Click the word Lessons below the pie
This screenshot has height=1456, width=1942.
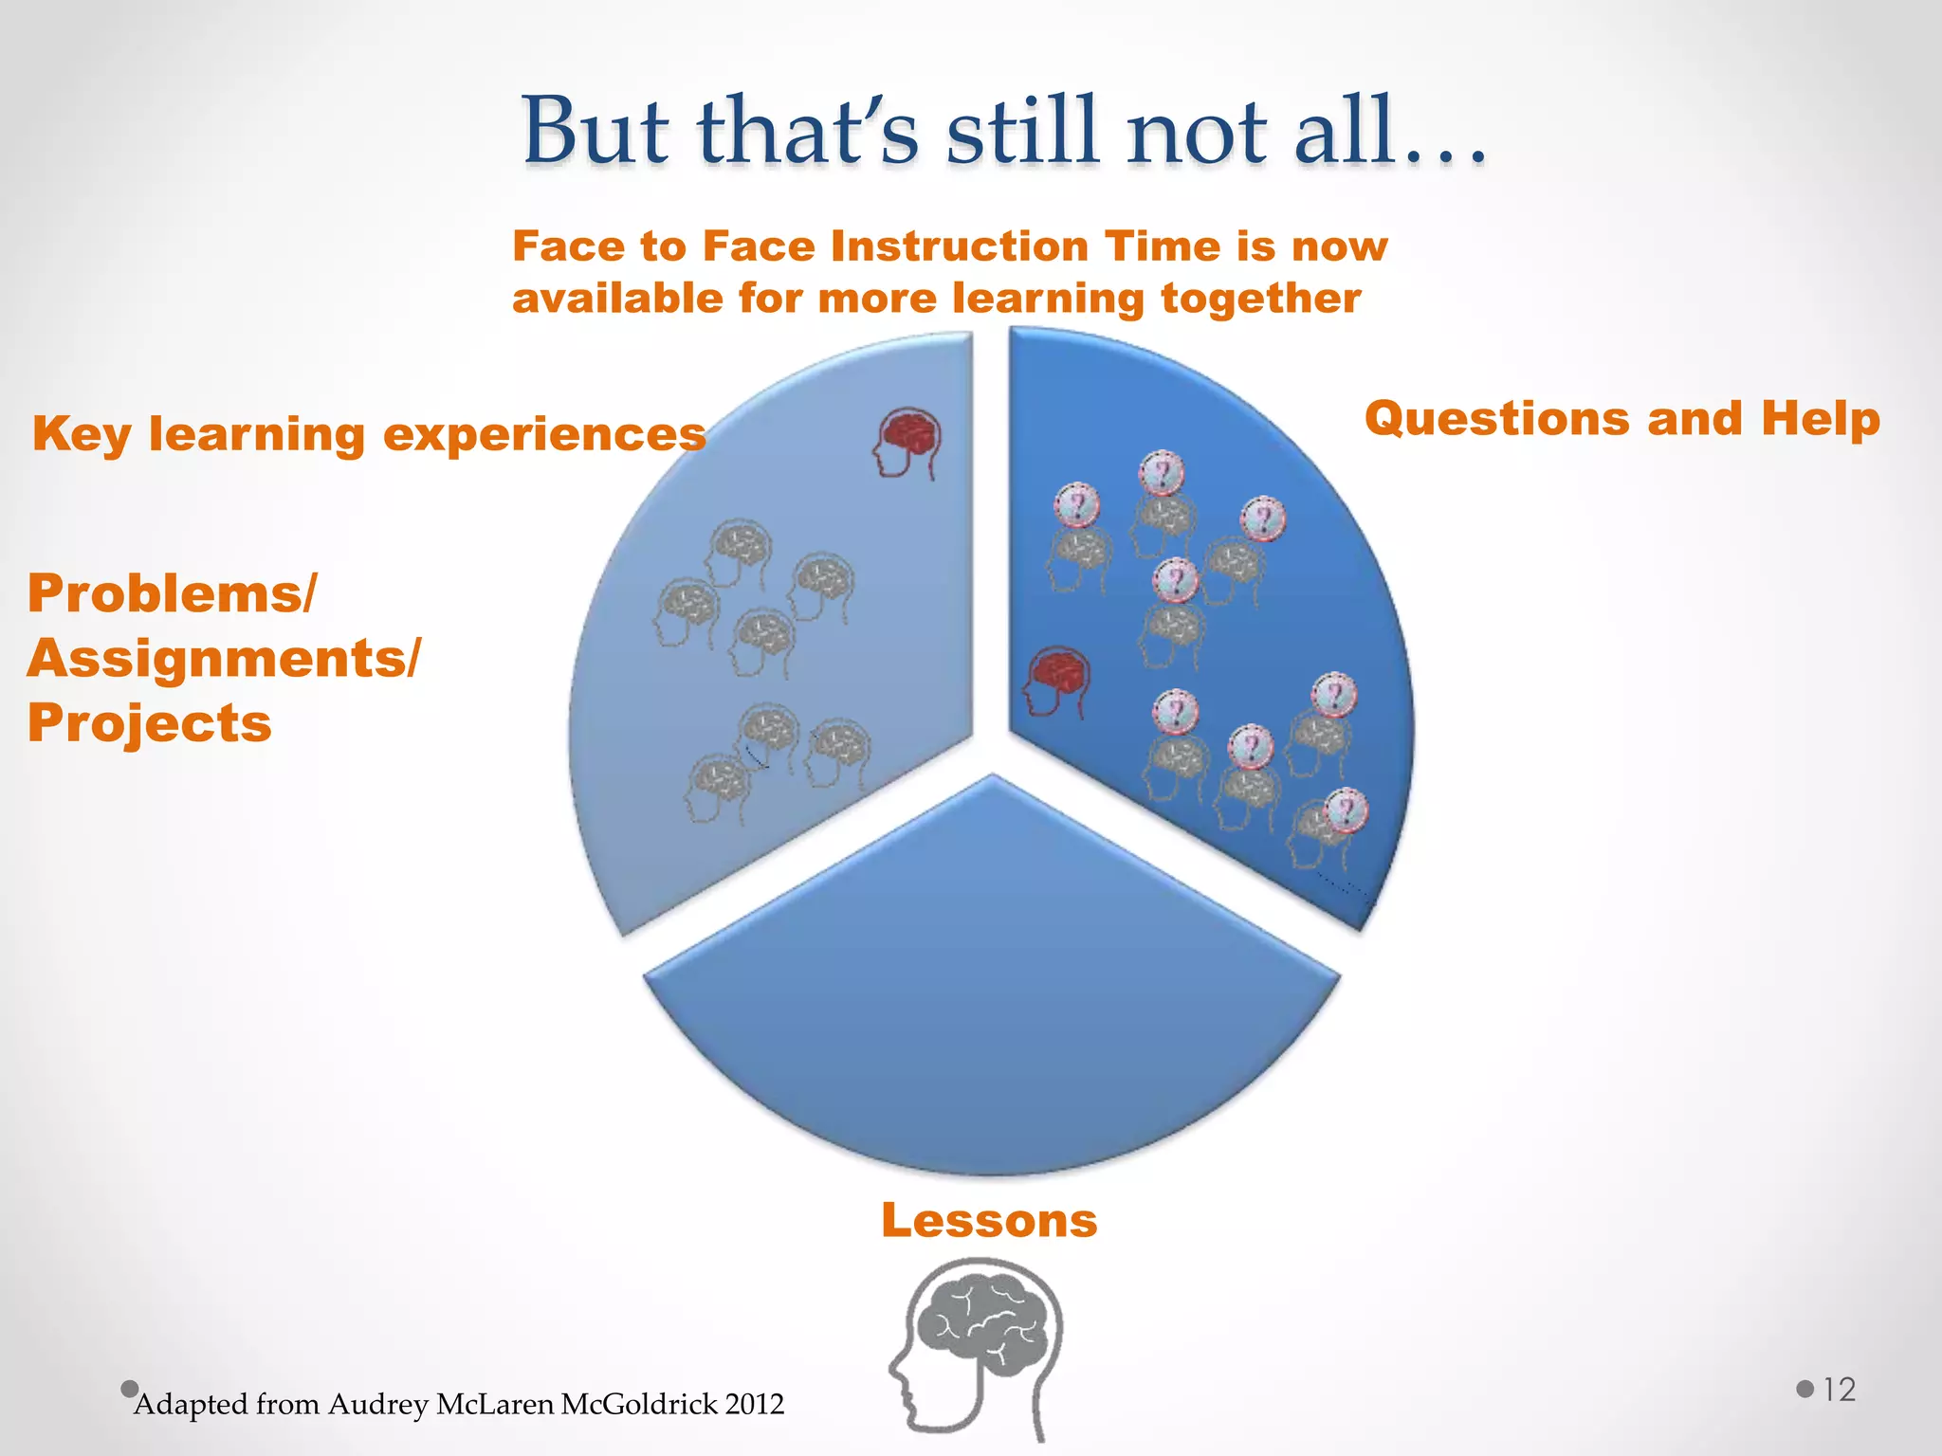pyautogui.click(x=989, y=1220)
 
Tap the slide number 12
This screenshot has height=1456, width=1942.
pyautogui.click(x=1840, y=1390)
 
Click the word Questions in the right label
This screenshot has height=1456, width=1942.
pyautogui.click(x=1497, y=419)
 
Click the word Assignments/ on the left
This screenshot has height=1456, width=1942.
pyautogui.click(x=224, y=658)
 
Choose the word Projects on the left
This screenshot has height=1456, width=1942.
pyautogui.click(x=150, y=723)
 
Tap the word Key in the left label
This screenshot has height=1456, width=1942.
pyautogui.click(x=81, y=435)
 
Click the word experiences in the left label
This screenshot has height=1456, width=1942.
pyautogui.click(x=544, y=435)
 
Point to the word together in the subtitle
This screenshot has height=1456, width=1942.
pyautogui.click(x=1261, y=299)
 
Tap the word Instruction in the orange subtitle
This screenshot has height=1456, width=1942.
pyautogui.click(x=960, y=246)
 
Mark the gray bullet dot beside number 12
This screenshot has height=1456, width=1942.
pyautogui.click(x=1805, y=1390)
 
